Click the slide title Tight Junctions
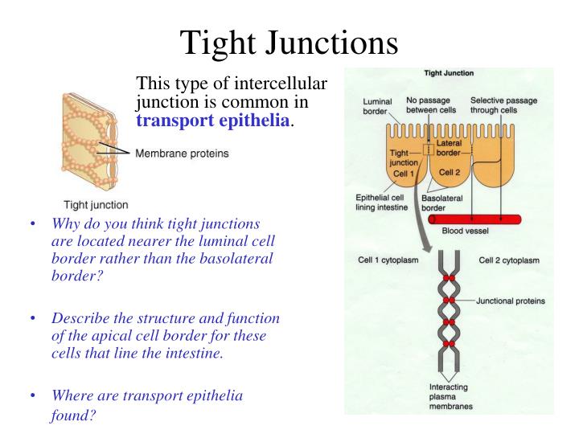289,41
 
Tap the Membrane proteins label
182,153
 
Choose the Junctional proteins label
510,301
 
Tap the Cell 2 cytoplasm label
509,260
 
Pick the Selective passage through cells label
504,105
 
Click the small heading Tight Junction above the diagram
448,73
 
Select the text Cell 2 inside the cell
449,171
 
